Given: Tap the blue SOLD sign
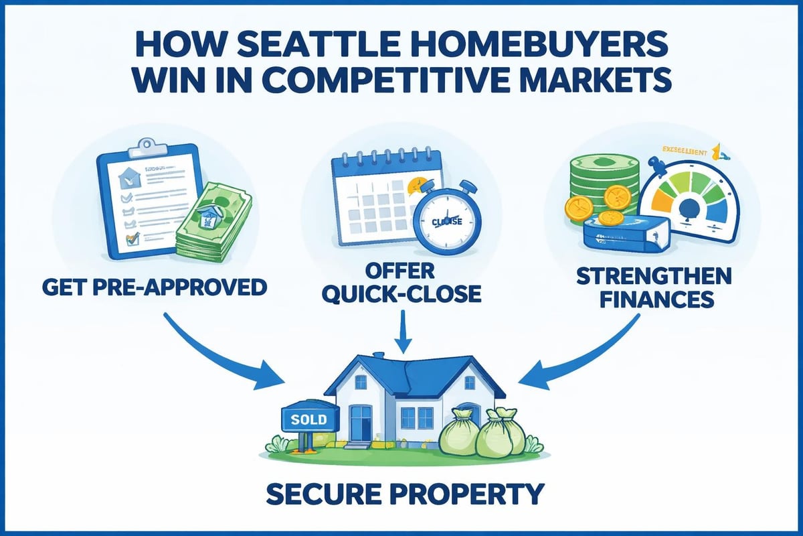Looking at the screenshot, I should [x=309, y=420].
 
